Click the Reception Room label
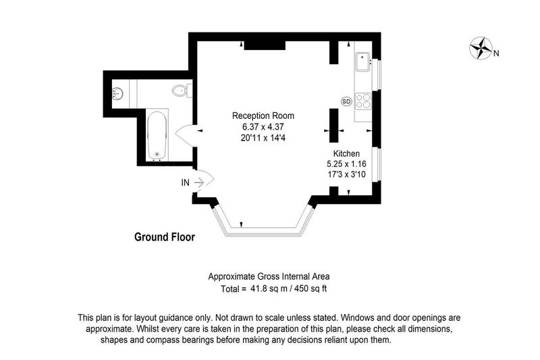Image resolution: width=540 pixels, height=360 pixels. click(x=263, y=115)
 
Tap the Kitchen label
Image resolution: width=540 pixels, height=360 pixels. click(x=346, y=153)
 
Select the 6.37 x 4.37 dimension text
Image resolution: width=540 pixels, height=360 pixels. click(x=263, y=127)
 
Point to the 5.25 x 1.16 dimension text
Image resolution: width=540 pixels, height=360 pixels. click(x=346, y=164)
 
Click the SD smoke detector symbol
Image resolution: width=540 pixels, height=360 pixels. click(x=346, y=101)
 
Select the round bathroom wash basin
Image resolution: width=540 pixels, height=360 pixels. click(x=117, y=93)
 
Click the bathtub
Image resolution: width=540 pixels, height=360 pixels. click(x=157, y=135)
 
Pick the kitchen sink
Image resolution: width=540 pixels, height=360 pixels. click(x=362, y=61)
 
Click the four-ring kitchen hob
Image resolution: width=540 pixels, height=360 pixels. click(x=363, y=101)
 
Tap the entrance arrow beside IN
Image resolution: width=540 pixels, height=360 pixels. click(x=199, y=182)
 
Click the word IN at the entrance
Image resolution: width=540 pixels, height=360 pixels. click(x=185, y=182)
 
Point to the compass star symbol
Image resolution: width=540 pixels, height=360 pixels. click(x=481, y=48)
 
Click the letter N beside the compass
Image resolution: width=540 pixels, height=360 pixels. click(x=496, y=53)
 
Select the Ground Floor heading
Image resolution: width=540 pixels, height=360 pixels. click(x=165, y=237)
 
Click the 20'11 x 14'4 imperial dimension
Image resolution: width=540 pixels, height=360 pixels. click(x=263, y=138)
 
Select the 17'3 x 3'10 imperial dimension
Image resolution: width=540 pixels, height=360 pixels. click(x=346, y=174)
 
